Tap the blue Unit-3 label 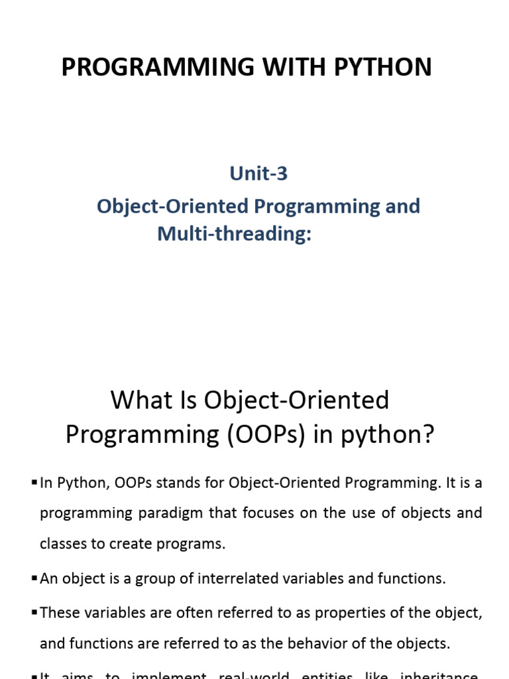pyautogui.click(x=258, y=174)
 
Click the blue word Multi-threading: pyautogui.click(x=234, y=233)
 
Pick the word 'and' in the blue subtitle pyautogui.click(x=403, y=206)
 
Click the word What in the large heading pyautogui.click(x=136, y=401)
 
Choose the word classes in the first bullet pyautogui.click(x=62, y=544)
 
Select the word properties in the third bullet pyautogui.click(x=341, y=612)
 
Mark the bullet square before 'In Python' pyautogui.click(x=34, y=482)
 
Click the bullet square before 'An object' pyautogui.click(x=34, y=578)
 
